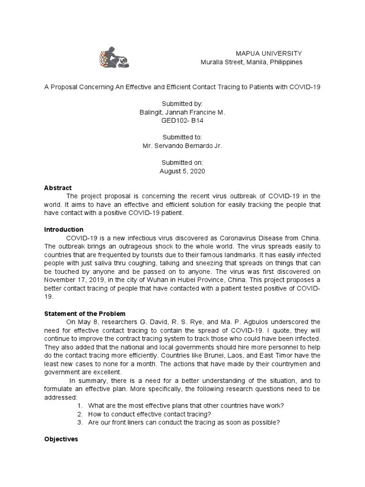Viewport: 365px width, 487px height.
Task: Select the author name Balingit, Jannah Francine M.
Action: click(x=182, y=112)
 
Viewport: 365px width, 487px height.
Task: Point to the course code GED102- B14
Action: click(x=182, y=121)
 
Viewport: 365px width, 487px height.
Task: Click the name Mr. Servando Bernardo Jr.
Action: click(x=182, y=146)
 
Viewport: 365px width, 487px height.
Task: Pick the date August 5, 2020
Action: click(x=182, y=171)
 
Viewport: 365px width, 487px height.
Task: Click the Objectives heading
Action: click(x=60, y=439)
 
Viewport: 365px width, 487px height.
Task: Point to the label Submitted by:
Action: click(x=182, y=104)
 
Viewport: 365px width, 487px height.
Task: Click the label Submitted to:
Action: click(x=182, y=137)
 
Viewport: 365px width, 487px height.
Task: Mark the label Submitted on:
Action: click(x=182, y=162)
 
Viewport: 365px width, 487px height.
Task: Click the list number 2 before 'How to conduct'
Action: click(x=79, y=414)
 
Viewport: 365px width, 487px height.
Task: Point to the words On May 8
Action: click(x=82, y=322)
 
